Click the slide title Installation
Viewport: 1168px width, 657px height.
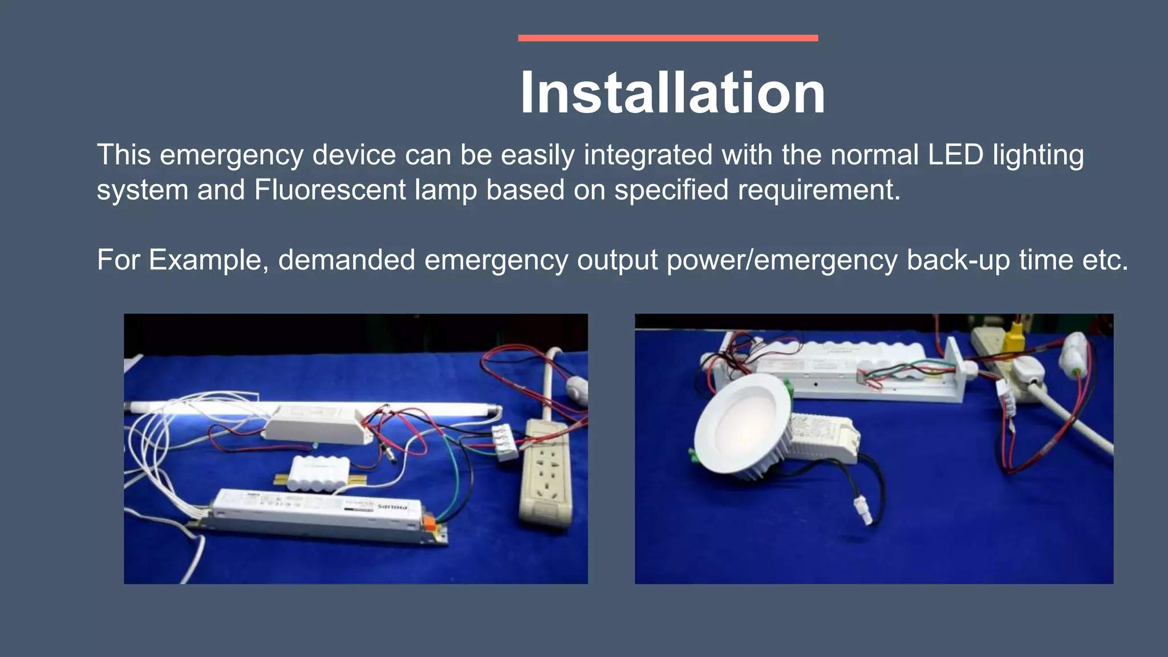[x=672, y=92]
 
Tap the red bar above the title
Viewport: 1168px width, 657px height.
[x=668, y=38]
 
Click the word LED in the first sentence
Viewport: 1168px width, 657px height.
[x=955, y=155]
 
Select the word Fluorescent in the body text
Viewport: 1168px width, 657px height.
[x=330, y=189]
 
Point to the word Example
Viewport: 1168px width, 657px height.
[x=209, y=259]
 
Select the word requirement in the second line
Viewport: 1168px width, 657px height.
[x=814, y=189]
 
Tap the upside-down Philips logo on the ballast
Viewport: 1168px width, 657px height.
[x=393, y=506]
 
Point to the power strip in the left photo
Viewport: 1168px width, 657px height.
[x=546, y=473]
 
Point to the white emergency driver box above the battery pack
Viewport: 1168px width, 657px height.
[x=315, y=423]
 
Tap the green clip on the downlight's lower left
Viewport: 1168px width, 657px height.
[x=693, y=455]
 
